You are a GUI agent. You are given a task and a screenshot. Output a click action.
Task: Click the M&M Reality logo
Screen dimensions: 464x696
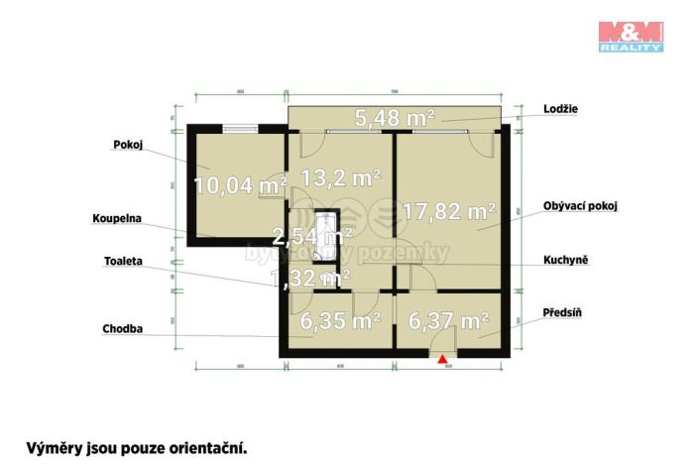(x=630, y=36)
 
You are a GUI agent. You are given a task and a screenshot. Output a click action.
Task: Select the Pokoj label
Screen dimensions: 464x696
(x=129, y=144)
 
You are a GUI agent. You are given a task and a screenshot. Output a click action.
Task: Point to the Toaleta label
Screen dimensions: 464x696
(x=123, y=261)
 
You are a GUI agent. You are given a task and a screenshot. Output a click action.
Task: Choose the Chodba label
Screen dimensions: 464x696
(x=122, y=328)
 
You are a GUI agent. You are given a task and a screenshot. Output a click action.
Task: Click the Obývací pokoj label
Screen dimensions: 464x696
(x=580, y=206)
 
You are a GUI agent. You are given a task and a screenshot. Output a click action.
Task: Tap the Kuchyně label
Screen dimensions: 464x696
(x=566, y=260)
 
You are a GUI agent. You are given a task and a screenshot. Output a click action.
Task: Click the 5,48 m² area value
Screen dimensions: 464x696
(x=396, y=119)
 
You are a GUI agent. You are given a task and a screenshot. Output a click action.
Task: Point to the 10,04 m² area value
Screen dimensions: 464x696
(x=240, y=184)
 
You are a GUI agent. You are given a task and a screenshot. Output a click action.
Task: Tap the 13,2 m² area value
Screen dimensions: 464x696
(x=341, y=178)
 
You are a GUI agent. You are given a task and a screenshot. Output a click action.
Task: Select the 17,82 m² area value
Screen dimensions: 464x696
(x=449, y=210)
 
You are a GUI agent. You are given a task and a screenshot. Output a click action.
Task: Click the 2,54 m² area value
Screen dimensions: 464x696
(x=312, y=237)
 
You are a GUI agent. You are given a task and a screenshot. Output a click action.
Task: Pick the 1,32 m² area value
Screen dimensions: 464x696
(x=309, y=279)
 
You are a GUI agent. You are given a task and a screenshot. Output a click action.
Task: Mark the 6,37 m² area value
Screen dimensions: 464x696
(x=449, y=321)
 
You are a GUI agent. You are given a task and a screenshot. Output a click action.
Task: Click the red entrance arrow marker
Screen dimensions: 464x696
(x=442, y=360)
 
